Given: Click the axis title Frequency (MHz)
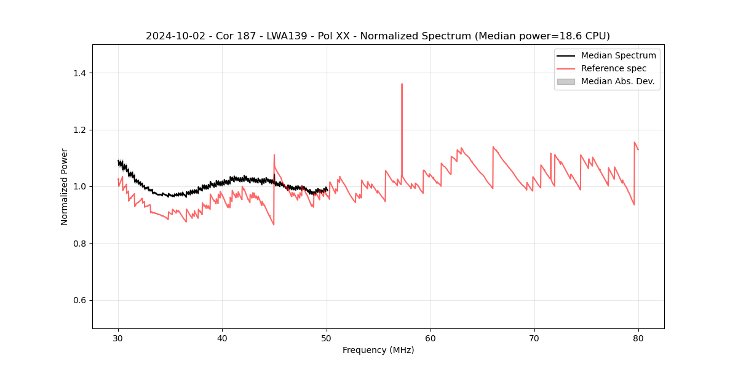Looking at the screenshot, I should point(378,350).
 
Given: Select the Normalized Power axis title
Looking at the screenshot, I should point(65,186).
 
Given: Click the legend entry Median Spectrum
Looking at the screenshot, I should point(618,55).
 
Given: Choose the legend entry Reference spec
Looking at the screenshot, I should point(614,68).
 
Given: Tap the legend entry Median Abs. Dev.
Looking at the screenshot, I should point(617,81).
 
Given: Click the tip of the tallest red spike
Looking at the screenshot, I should point(402,84).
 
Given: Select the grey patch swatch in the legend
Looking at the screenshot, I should point(566,81).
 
